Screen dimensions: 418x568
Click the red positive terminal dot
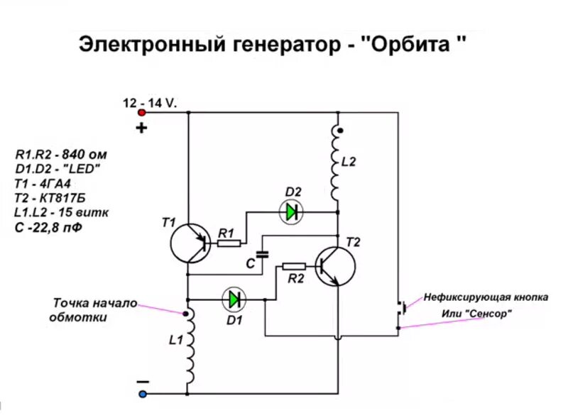tap(142, 112)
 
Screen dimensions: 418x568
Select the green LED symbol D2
tap(290, 211)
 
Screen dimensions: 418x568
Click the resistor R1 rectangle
tap(228, 243)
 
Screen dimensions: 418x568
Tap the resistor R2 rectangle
tap(293, 266)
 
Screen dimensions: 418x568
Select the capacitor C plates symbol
tap(263, 252)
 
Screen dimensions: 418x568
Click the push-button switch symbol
tap(400, 308)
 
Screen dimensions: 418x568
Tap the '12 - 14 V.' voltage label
tap(151, 102)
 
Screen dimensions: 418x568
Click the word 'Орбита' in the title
tap(410, 44)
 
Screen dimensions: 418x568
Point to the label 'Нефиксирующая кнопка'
tap(486, 297)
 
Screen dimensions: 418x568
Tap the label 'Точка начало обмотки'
tap(93, 310)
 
